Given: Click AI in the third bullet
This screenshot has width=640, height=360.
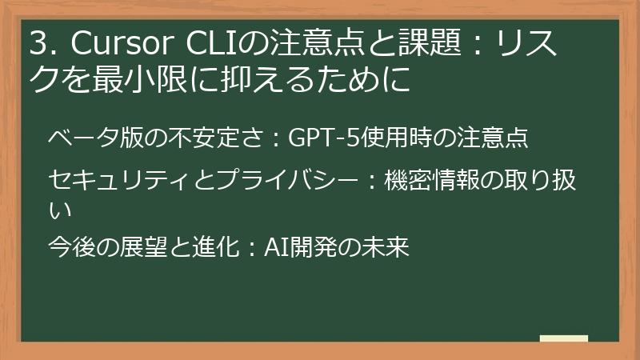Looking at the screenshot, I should [276, 247].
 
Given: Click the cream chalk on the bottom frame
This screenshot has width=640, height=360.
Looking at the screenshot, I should [563, 339].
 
